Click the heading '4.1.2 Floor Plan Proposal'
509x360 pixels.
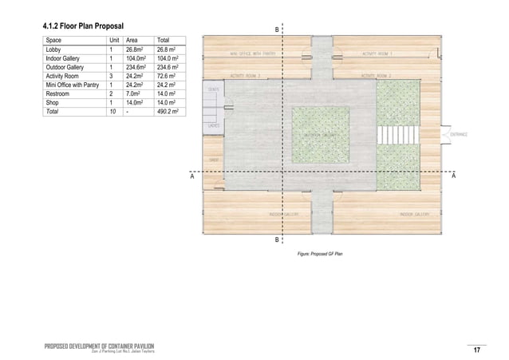[85, 27]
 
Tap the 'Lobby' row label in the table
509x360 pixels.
[55, 49]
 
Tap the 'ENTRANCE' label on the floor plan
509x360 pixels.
[457, 135]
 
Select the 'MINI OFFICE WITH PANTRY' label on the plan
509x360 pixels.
[253, 53]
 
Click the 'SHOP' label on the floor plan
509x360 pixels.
[214, 160]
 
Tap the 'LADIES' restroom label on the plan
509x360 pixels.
[214, 126]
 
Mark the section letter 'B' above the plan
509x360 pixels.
[277, 30]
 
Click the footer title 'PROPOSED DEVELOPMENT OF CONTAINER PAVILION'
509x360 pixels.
[99, 345]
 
